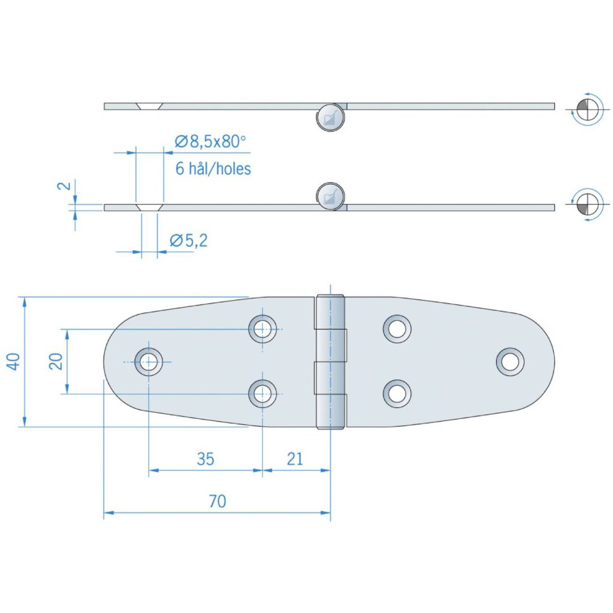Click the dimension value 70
(217, 501)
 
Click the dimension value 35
(205, 459)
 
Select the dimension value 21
(295, 459)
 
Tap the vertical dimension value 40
(13, 362)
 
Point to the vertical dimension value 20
(56, 361)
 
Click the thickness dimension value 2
(65, 185)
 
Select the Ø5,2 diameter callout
(188, 241)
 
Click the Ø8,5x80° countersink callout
(211, 141)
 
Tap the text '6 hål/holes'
(213, 169)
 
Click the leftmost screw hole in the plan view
(149, 362)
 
